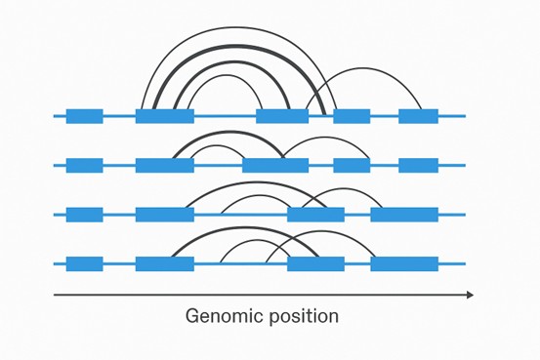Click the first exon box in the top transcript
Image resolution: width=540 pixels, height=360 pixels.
click(x=85, y=116)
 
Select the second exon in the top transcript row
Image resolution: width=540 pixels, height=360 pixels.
click(x=164, y=116)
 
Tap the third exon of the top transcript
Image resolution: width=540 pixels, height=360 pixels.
click(x=282, y=116)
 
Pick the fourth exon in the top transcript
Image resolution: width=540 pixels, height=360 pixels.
click(x=352, y=116)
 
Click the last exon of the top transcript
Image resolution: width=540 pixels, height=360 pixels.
click(x=418, y=116)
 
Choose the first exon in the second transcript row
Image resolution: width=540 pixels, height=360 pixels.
click(x=85, y=165)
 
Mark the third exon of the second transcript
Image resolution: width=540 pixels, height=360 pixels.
click(x=275, y=165)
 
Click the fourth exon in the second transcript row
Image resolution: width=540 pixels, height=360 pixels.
click(x=352, y=165)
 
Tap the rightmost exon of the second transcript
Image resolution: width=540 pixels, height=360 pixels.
click(x=418, y=165)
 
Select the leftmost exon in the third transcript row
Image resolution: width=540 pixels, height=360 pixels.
click(x=85, y=215)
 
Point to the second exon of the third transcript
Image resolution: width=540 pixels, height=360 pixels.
click(x=164, y=215)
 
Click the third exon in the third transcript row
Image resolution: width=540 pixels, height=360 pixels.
click(x=315, y=215)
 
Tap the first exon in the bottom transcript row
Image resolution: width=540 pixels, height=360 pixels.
click(x=85, y=263)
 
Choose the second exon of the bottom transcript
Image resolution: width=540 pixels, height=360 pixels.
click(x=164, y=263)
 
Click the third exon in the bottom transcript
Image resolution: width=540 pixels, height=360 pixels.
click(x=315, y=263)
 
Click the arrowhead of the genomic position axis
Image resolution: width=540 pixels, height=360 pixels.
click(x=470, y=294)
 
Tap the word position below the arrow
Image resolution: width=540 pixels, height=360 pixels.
click(x=303, y=317)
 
